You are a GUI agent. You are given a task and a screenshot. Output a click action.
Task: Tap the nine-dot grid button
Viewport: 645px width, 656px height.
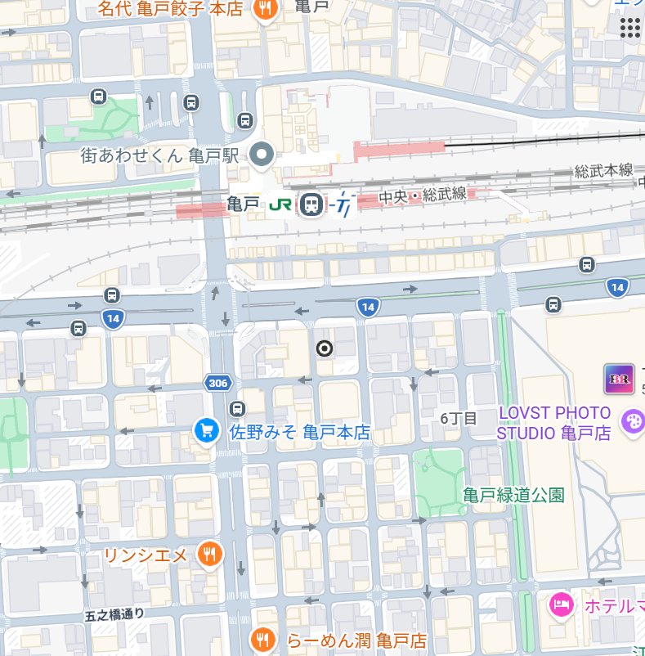pos(629,27)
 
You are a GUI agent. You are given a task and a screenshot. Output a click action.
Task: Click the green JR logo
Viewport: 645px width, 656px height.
pos(281,204)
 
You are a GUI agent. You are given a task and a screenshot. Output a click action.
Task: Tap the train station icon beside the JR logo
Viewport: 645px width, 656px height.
pos(311,204)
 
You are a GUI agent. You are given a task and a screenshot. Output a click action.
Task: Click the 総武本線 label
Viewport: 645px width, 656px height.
pos(603,170)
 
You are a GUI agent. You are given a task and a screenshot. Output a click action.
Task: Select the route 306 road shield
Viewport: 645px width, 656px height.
pos(217,383)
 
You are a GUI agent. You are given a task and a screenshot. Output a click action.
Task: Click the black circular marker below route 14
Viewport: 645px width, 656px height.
pos(325,349)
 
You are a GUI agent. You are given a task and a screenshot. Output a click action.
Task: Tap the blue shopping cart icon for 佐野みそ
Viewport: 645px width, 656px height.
pos(205,429)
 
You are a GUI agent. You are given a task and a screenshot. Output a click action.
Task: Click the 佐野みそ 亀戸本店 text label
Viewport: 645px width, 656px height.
pos(299,432)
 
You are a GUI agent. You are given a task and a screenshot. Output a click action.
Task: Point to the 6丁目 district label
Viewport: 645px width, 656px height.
pos(459,418)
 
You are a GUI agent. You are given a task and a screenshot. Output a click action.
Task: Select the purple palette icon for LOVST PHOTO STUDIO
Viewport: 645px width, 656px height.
pos(632,422)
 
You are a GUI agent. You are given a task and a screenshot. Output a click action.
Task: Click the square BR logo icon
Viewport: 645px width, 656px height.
pos(619,379)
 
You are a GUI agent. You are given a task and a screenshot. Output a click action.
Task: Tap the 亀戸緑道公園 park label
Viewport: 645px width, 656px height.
pos(513,494)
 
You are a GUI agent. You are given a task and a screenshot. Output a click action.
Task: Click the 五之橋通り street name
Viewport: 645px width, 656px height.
pos(114,613)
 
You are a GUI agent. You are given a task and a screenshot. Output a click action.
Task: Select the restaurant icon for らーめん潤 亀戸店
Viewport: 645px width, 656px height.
pos(262,638)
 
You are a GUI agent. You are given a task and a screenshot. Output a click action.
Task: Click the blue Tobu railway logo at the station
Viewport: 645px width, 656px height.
pos(343,204)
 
